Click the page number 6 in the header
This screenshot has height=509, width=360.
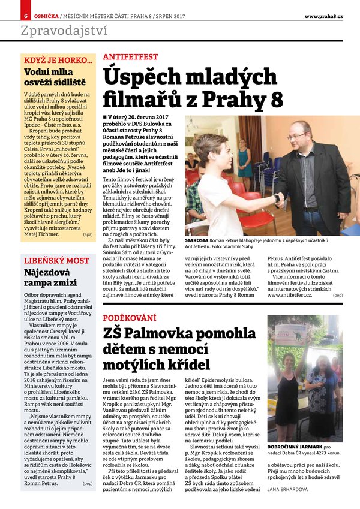pos(26,15)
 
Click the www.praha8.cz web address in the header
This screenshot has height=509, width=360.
pos(323,15)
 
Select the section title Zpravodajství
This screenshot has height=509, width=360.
pos(64,32)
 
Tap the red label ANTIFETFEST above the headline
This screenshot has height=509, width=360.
pos(130,57)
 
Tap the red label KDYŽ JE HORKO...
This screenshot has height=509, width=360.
pos(58,60)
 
